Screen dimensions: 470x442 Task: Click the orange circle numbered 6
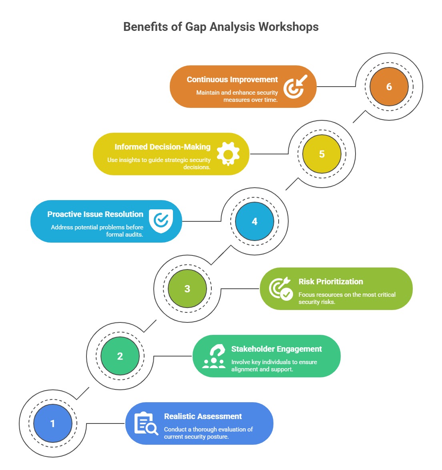(389, 87)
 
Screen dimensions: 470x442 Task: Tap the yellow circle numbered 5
(321, 154)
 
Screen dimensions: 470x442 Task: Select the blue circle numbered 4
(254, 221)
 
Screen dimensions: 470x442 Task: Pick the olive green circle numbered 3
(187, 289)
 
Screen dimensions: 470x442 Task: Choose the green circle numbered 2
(120, 356)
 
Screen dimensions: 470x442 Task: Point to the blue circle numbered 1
(52, 423)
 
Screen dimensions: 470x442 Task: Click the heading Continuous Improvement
(232, 79)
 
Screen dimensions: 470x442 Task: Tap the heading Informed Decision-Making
(162, 147)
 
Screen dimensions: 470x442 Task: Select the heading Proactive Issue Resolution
(95, 214)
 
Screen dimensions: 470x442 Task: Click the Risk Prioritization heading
(331, 282)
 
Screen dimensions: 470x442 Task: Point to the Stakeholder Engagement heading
(276, 349)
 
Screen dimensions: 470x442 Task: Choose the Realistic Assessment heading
(203, 416)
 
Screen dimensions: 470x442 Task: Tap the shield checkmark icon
(161, 221)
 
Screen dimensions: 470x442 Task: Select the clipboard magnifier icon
(146, 423)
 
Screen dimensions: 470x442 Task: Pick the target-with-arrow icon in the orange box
(295, 87)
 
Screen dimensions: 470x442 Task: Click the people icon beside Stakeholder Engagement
(214, 356)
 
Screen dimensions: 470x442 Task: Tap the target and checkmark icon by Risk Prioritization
(280, 289)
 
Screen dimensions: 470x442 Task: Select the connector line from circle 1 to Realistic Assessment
(106, 423)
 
